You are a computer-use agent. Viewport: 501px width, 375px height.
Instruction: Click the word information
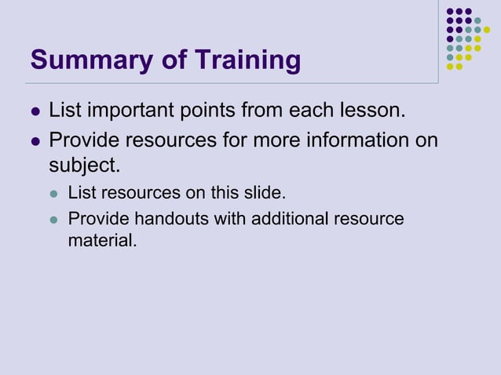(347, 142)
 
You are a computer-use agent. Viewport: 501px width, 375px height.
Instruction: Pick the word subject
(84, 166)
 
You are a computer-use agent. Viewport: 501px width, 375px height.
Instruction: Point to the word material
(102, 241)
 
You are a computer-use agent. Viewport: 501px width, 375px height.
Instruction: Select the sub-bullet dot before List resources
(54, 193)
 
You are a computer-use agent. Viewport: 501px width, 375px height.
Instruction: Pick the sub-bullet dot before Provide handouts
(54, 220)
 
